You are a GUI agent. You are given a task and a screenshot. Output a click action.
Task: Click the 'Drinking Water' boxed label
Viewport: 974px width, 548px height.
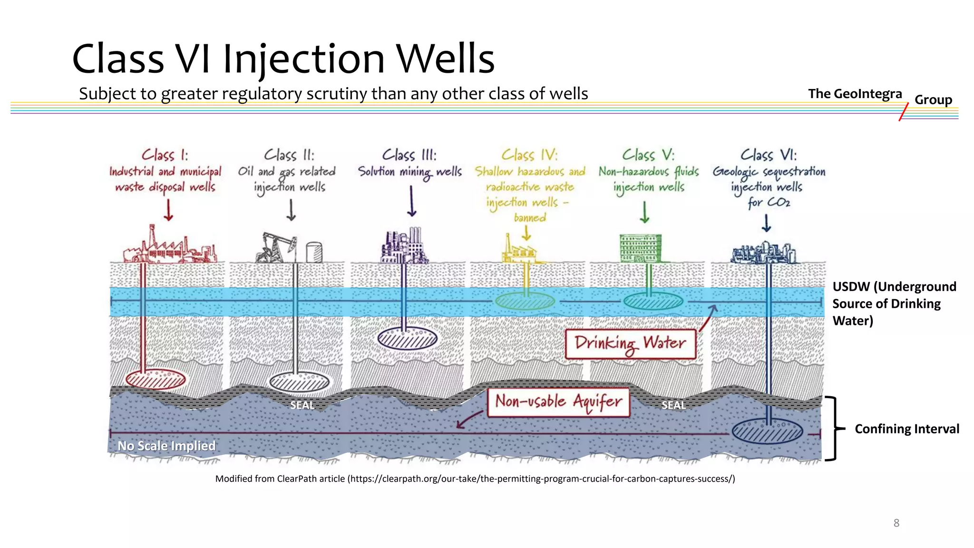coord(630,344)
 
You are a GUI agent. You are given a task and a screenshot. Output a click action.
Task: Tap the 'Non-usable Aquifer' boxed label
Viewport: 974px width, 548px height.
coord(558,402)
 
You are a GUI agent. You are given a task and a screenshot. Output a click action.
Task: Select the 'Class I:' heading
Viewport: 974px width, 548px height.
coord(165,155)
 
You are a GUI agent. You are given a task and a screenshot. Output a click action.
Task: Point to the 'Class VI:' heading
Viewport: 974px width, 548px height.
coord(768,155)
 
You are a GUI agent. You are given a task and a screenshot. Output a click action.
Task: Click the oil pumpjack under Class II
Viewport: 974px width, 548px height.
coord(276,247)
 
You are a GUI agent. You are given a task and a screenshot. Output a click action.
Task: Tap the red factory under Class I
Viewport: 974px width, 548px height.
coord(169,247)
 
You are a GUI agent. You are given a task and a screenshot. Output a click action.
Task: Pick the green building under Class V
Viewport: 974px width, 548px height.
coord(640,248)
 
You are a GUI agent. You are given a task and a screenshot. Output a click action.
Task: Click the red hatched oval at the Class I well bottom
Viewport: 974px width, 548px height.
coord(156,380)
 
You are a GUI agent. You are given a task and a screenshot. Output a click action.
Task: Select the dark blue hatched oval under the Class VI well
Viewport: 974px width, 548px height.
coord(767,431)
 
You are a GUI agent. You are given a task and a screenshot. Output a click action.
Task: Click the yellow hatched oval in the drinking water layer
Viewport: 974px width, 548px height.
coord(525,301)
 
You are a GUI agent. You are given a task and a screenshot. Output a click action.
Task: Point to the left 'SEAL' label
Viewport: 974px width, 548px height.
coord(302,405)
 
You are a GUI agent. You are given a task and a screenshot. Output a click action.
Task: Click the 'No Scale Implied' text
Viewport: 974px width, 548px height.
coord(166,446)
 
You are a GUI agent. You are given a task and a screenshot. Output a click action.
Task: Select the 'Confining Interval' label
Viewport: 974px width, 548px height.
coord(906,429)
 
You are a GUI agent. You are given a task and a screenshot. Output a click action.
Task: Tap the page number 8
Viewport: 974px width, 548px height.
coord(896,523)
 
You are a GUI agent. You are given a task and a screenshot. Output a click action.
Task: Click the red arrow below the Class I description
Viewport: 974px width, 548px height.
coord(168,210)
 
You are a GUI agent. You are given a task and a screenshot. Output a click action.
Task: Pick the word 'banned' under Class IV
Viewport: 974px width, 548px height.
coord(530,218)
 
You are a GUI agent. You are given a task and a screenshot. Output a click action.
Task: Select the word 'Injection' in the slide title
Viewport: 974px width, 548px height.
coord(303,59)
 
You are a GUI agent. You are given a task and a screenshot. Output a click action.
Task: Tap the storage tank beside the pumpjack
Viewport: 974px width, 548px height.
coord(314,252)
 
